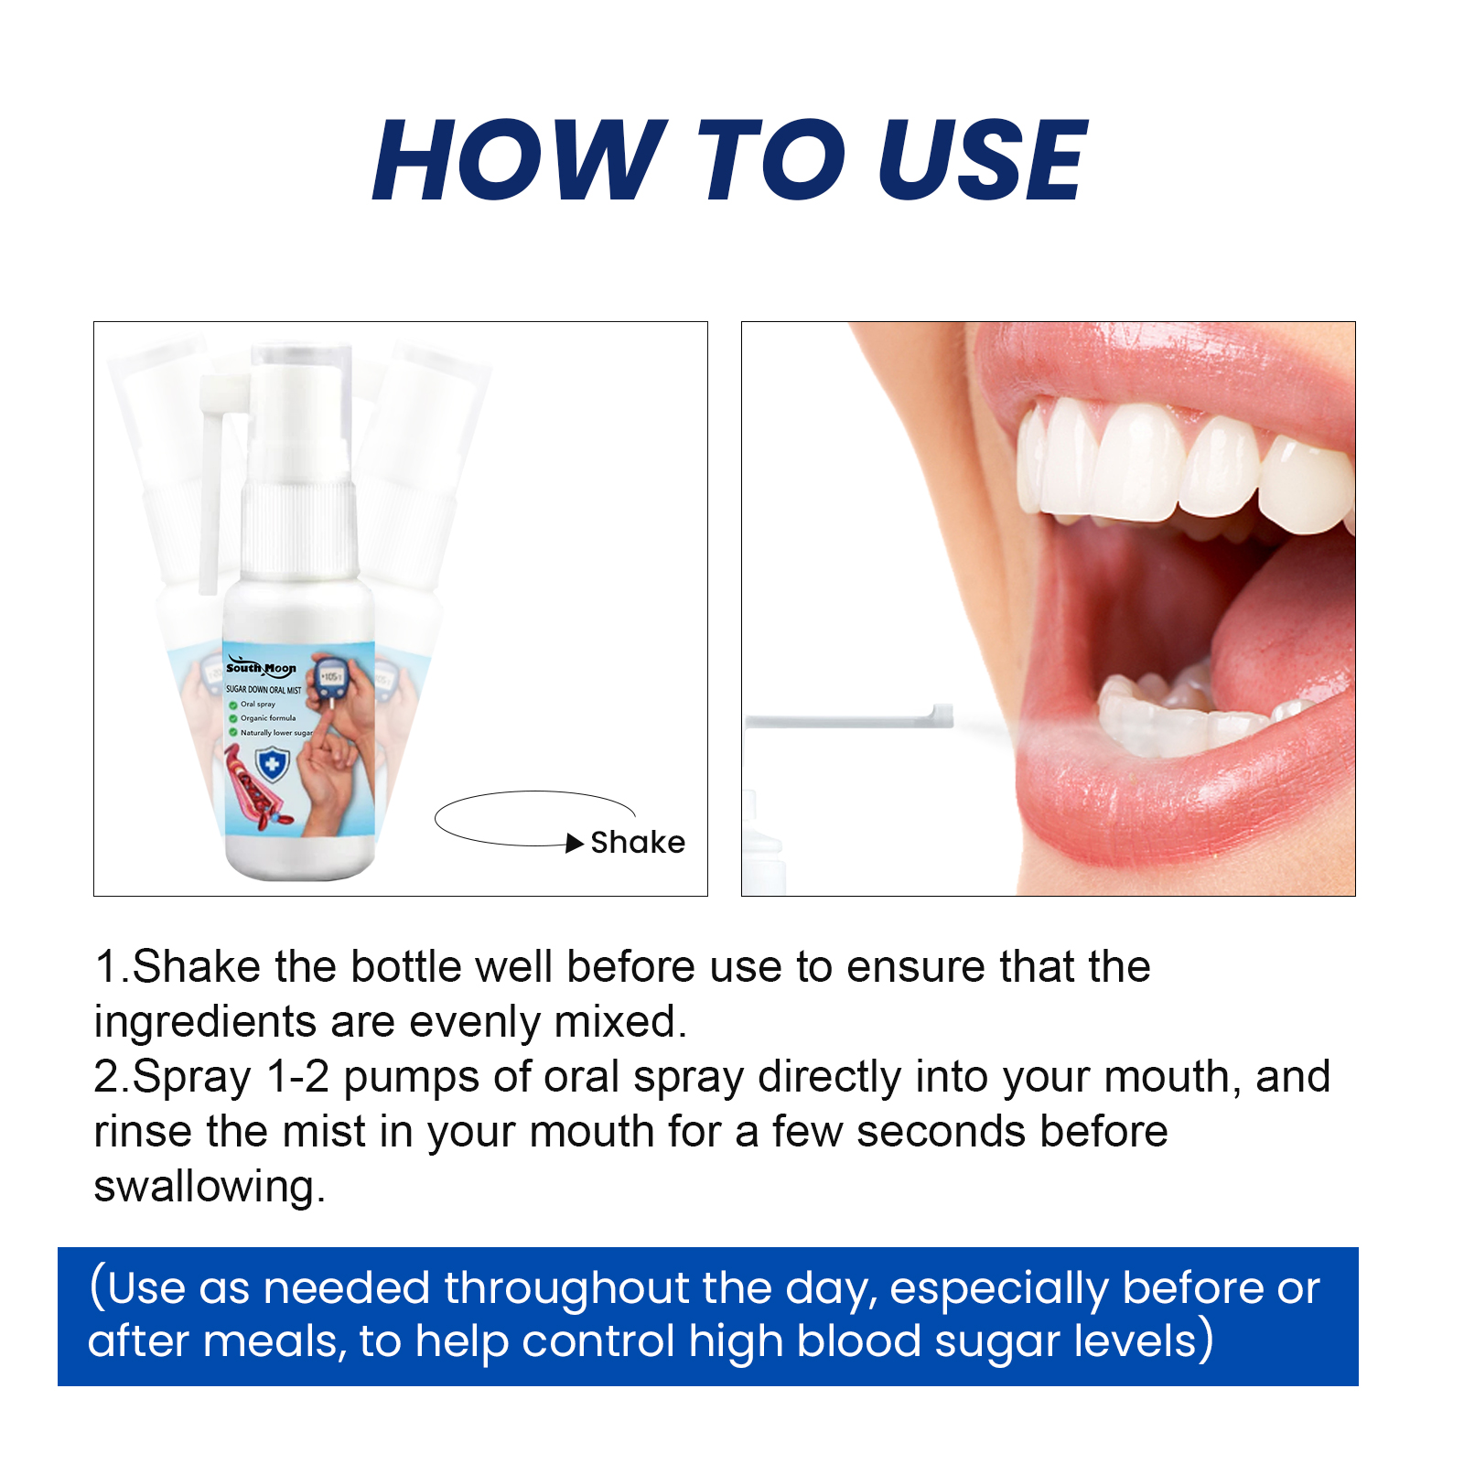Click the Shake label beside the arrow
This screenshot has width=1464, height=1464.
tap(638, 842)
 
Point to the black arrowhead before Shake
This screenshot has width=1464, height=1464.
tap(575, 844)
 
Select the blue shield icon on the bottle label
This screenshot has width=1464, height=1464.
tap(272, 764)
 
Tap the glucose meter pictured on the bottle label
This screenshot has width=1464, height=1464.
tap(328, 678)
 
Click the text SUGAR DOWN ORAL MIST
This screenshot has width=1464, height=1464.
tap(264, 690)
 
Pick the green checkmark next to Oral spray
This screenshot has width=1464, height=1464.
tap(233, 705)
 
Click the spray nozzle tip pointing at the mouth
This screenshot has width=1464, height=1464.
tap(942, 716)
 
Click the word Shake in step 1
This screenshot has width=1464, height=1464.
tap(197, 967)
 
